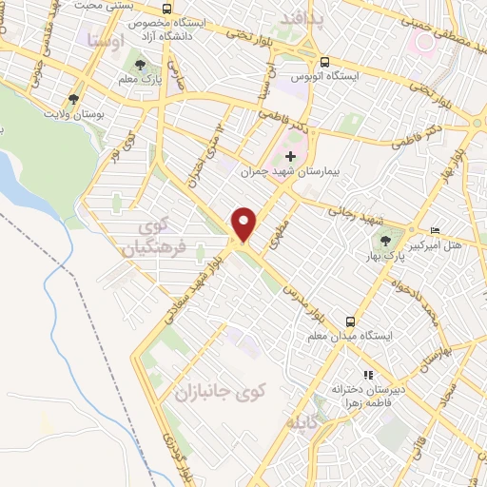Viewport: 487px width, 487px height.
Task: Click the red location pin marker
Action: point(245,224)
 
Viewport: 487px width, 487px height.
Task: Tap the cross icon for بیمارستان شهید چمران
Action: point(291,157)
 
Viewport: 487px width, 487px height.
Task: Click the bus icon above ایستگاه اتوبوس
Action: point(325,62)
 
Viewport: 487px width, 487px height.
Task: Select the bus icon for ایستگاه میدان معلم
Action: point(352,321)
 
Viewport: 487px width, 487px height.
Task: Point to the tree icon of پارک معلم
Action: point(141,65)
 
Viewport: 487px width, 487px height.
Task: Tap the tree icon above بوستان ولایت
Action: point(73,99)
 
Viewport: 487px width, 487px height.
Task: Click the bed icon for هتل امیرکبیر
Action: point(436,230)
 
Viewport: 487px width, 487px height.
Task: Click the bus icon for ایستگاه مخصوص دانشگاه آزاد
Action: point(167,9)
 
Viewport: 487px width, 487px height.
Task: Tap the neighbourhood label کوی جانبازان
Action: point(217,391)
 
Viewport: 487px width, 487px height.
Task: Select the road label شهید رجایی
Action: point(358,218)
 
